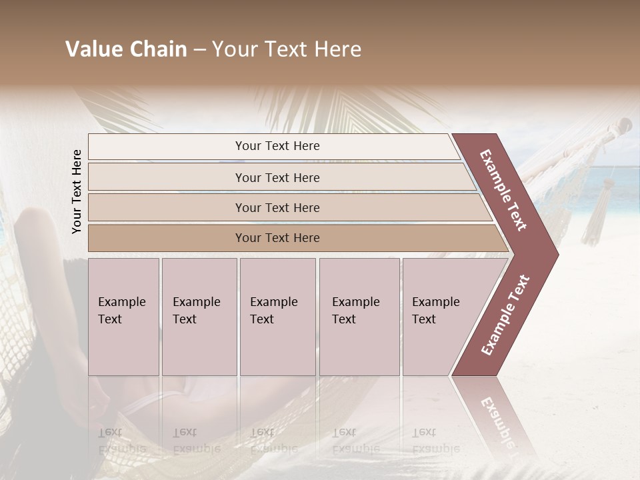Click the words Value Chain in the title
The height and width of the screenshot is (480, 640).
click(126, 49)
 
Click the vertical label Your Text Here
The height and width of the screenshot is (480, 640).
click(77, 191)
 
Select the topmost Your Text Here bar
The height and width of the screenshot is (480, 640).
click(277, 146)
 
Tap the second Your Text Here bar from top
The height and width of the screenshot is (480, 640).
click(277, 177)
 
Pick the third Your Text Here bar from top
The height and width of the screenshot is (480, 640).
click(277, 207)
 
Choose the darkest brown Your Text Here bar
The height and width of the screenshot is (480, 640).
click(277, 238)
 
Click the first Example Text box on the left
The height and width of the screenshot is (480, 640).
click(123, 316)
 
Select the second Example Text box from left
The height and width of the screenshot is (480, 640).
click(199, 316)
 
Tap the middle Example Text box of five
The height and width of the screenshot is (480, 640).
click(277, 316)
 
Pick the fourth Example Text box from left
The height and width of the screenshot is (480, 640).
click(359, 316)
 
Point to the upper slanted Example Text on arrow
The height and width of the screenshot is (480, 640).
click(504, 189)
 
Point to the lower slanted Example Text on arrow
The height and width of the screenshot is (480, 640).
click(505, 315)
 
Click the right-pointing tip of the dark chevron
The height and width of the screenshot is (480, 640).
click(555, 254)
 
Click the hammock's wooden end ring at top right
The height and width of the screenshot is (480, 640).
click(625, 125)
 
